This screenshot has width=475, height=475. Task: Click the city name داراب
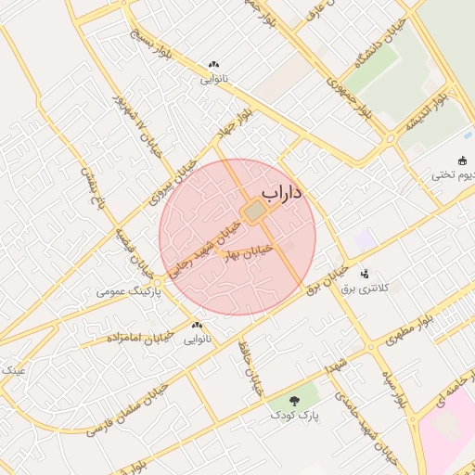(x=284, y=193)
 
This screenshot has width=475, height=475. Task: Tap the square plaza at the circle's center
(x=254, y=212)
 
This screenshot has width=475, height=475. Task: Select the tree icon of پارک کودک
(x=293, y=402)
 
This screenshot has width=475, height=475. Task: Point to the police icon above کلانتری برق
(x=364, y=274)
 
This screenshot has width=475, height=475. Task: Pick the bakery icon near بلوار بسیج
(x=214, y=65)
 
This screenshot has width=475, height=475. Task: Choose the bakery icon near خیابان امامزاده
(x=196, y=326)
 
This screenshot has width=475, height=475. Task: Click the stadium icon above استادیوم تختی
(x=464, y=160)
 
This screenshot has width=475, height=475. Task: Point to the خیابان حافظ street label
(x=250, y=370)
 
